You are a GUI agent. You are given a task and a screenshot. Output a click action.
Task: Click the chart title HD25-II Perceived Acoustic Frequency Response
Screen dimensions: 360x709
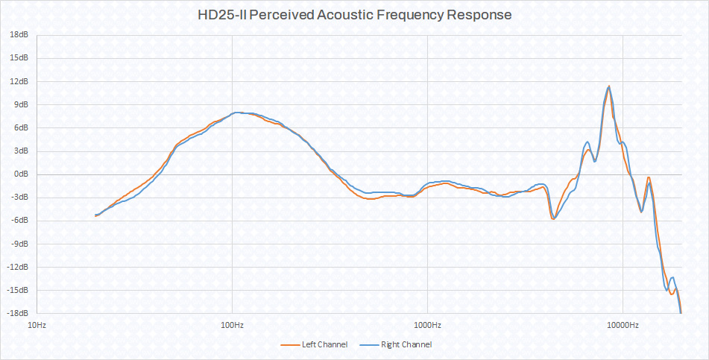click(354, 15)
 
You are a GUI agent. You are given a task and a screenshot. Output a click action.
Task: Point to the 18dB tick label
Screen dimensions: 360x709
click(19, 34)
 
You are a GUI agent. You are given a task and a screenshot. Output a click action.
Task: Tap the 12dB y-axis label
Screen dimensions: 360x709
click(19, 80)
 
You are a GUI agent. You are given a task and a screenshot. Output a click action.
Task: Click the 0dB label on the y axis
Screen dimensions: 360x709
click(21, 174)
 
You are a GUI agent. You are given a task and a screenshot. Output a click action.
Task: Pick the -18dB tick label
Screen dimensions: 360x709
click(18, 312)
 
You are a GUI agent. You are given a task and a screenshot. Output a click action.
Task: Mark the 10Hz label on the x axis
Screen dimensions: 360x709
click(37, 325)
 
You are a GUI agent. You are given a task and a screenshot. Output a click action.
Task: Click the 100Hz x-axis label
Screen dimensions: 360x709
click(232, 325)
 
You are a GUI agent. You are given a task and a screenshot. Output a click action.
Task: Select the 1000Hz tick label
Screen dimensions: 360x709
click(427, 325)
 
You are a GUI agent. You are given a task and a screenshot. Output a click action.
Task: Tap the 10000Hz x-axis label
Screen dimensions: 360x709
click(623, 325)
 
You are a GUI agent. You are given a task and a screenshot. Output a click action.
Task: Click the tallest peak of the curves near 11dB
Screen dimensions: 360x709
click(609, 86)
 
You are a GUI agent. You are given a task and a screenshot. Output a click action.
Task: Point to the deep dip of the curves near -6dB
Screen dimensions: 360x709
click(553, 218)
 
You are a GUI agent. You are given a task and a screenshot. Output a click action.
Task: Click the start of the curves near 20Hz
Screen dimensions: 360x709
click(95, 215)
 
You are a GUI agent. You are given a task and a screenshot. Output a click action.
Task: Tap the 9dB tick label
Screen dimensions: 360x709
click(21, 104)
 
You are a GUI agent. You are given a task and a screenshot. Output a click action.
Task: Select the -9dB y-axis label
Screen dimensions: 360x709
click(19, 243)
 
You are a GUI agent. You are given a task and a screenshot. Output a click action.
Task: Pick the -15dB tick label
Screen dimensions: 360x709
click(18, 289)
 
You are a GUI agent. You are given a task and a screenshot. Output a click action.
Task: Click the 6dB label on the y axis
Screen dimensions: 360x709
click(21, 127)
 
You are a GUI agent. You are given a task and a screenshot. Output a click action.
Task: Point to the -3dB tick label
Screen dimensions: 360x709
click(19, 197)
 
